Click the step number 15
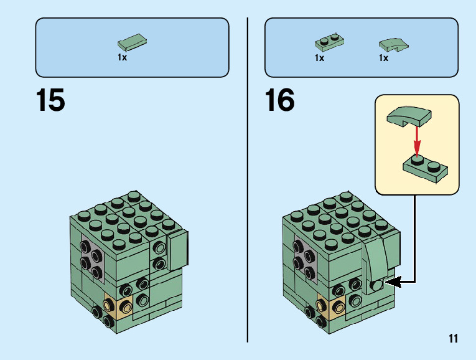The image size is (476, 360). tap(50, 101)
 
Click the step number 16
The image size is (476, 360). tap(279, 101)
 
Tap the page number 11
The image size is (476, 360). tap(452, 338)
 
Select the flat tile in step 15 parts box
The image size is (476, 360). tap(133, 44)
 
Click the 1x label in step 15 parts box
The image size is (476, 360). tap(123, 57)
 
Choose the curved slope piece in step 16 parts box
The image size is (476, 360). tap(393, 44)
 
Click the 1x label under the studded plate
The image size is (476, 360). tap(319, 58)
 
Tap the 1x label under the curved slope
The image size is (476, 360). tap(383, 58)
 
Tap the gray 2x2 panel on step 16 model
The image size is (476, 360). tap(301, 257)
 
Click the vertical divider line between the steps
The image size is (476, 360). tap(248, 187)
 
